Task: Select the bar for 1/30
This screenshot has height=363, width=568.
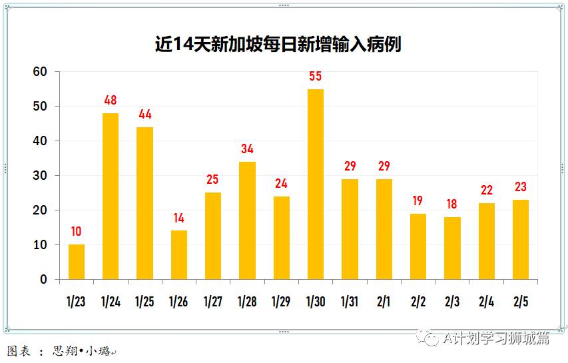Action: pyautogui.click(x=316, y=184)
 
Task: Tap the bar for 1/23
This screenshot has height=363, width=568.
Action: pyautogui.click(x=77, y=262)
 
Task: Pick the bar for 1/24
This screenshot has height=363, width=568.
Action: pyautogui.click(x=111, y=196)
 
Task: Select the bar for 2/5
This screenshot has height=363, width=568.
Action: pyautogui.click(x=521, y=240)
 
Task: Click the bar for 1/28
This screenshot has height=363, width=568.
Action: pyautogui.click(x=247, y=220)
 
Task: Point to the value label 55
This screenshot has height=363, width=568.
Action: pyautogui.click(x=316, y=77)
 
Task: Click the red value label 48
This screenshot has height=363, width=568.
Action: pyautogui.click(x=111, y=101)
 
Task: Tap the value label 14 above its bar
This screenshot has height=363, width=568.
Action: pyautogui.click(x=179, y=218)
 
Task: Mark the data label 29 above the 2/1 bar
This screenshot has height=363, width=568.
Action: pyautogui.click(x=384, y=166)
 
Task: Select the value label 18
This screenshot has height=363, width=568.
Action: pyautogui.click(x=452, y=204)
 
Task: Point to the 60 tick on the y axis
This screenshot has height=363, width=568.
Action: pyautogui.click(x=41, y=72)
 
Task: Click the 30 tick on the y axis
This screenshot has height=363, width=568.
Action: pyautogui.click(x=41, y=176)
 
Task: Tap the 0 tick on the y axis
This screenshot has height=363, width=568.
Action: pyautogui.click(x=44, y=280)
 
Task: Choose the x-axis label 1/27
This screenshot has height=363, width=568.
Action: pyautogui.click(x=213, y=302)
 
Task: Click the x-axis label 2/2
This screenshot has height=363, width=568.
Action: pyautogui.click(x=418, y=302)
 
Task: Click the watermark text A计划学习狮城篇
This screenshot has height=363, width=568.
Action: pyautogui.click(x=496, y=338)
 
